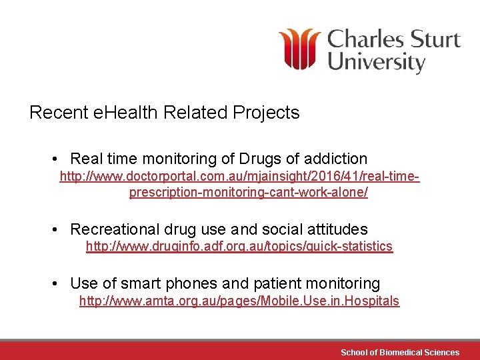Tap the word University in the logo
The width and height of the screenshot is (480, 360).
pos(377,63)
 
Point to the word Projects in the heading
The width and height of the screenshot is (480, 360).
pos(266,113)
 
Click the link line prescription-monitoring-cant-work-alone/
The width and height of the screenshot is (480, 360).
pos(248,193)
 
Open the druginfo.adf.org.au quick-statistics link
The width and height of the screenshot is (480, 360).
pos(239,247)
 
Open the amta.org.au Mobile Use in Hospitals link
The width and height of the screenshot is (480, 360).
pos(239,301)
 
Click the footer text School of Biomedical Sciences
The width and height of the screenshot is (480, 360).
pos(399,352)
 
